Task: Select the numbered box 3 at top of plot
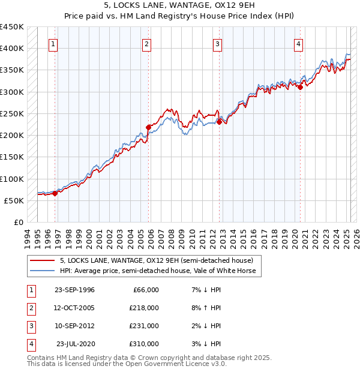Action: tap(217, 43)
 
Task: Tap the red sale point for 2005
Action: tap(148, 127)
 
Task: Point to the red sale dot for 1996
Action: tap(55, 193)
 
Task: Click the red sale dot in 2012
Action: tap(219, 121)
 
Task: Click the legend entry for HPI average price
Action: tap(157, 271)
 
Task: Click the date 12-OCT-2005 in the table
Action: tap(74, 307)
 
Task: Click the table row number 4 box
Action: tap(30, 344)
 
